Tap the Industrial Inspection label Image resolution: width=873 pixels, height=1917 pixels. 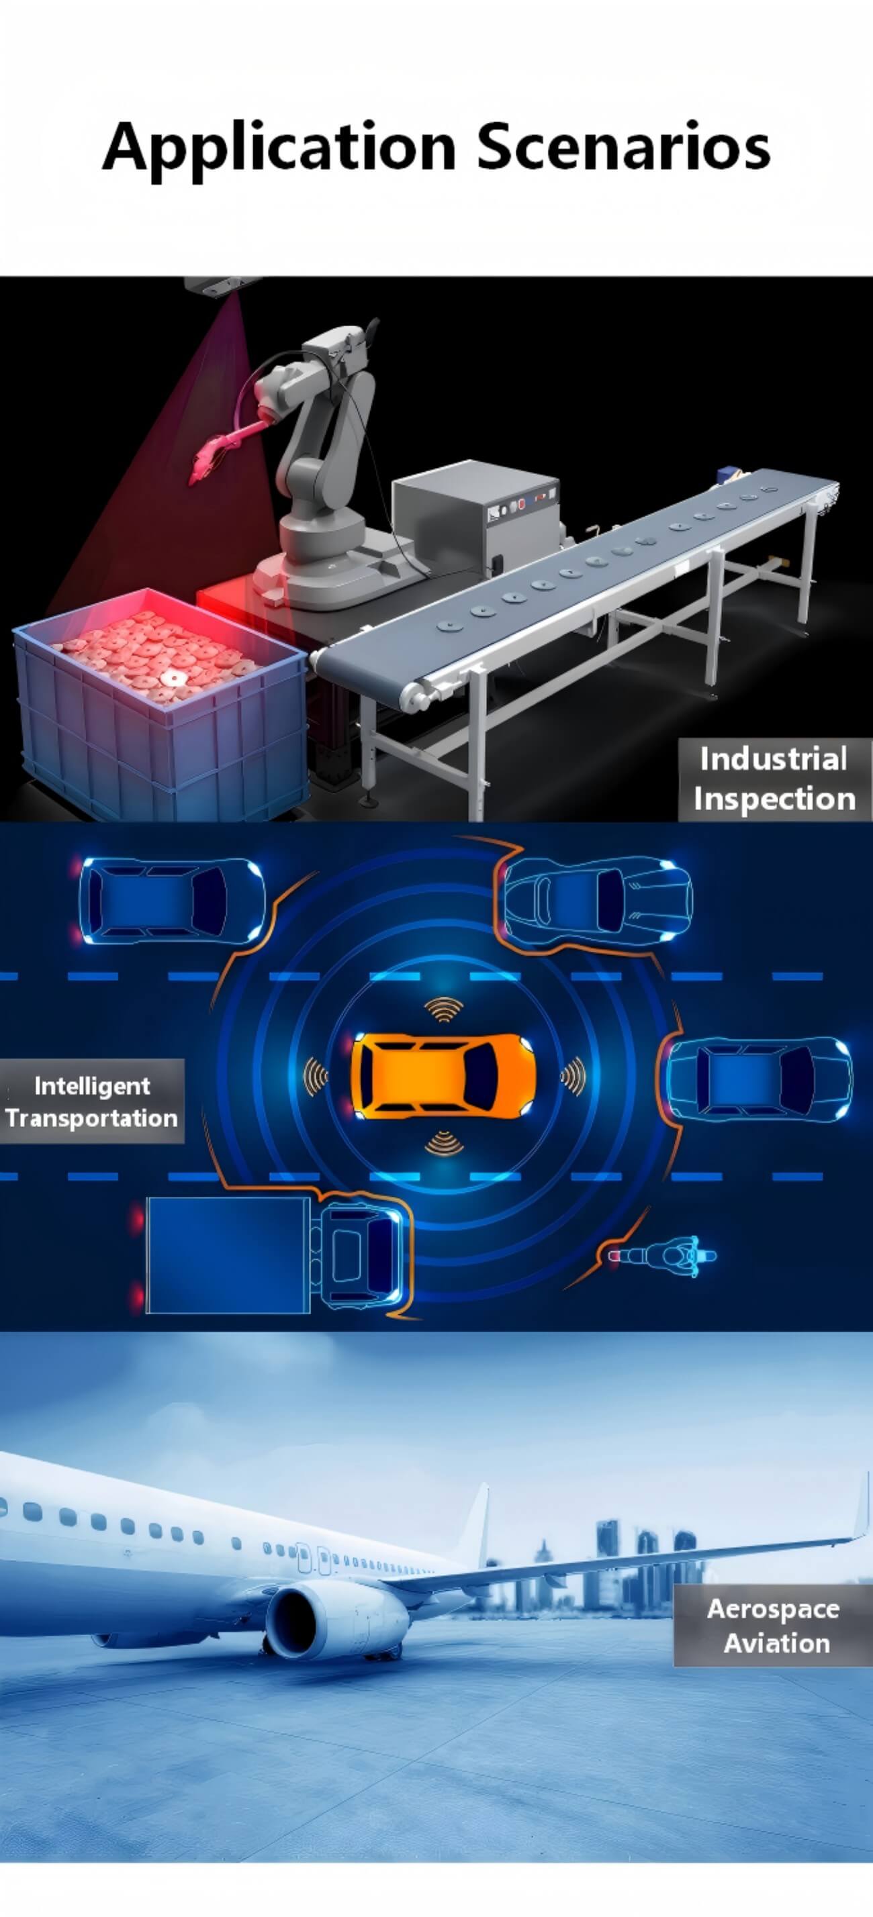[774, 779]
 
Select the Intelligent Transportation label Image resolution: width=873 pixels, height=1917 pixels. [91, 1101]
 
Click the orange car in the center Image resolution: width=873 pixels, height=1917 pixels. [442, 1076]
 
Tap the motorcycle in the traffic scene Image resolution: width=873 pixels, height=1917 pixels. [662, 1256]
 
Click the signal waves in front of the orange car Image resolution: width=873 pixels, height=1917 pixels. [573, 1077]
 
